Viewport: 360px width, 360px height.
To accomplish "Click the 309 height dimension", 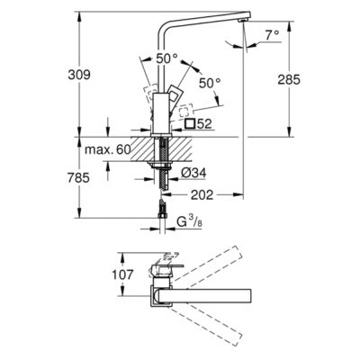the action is click(79, 75).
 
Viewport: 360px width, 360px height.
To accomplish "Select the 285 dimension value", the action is click(289, 79).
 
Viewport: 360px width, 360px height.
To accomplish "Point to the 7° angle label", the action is click(272, 35).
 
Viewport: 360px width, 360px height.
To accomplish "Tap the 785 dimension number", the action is click(78, 178).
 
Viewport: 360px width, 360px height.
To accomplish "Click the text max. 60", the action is click(108, 149).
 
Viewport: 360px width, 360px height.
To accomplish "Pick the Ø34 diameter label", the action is click(194, 173).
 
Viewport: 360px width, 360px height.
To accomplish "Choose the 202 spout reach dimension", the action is click(202, 195).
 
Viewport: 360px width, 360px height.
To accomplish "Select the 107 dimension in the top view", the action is click(122, 274).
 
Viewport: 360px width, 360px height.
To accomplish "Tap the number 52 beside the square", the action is click(204, 123).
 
